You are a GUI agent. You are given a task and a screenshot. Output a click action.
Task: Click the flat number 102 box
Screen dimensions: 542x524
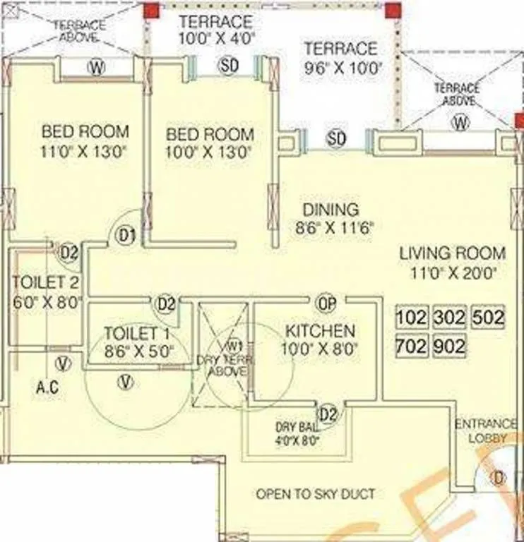pos(413,317)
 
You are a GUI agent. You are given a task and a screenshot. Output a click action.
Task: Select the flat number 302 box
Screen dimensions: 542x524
pos(449,317)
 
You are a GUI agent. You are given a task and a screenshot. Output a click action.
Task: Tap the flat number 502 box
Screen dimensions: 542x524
pos(488,317)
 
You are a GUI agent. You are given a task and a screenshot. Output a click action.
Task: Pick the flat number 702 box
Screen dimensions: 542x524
pos(413,347)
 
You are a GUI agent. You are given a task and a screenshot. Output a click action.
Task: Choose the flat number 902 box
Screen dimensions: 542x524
pos(449,347)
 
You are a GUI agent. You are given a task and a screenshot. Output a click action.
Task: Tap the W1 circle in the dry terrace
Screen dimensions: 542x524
pos(234,347)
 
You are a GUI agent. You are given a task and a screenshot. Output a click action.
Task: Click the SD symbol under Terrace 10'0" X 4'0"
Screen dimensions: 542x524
pos(229,66)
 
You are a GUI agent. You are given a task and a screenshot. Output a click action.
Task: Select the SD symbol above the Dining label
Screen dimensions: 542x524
pos(336,139)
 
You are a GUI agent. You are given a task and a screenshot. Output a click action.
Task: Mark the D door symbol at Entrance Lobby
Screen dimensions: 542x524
pos(499,478)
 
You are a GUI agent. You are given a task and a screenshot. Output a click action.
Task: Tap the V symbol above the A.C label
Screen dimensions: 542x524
pos(64,363)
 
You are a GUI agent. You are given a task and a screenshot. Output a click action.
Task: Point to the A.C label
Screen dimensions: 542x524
pos(49,387)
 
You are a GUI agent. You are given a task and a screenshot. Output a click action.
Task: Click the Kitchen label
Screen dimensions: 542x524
pos(320,331)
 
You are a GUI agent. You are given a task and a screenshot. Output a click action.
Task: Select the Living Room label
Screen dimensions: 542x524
pos(453,253)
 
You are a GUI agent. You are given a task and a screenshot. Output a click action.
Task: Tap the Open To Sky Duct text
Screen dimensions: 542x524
pos(316,493)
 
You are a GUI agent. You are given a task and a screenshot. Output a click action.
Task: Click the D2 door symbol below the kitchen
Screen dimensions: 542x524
pos(328,414)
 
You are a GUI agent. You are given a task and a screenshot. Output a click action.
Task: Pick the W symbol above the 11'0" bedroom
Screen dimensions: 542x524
pos(96,67)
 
